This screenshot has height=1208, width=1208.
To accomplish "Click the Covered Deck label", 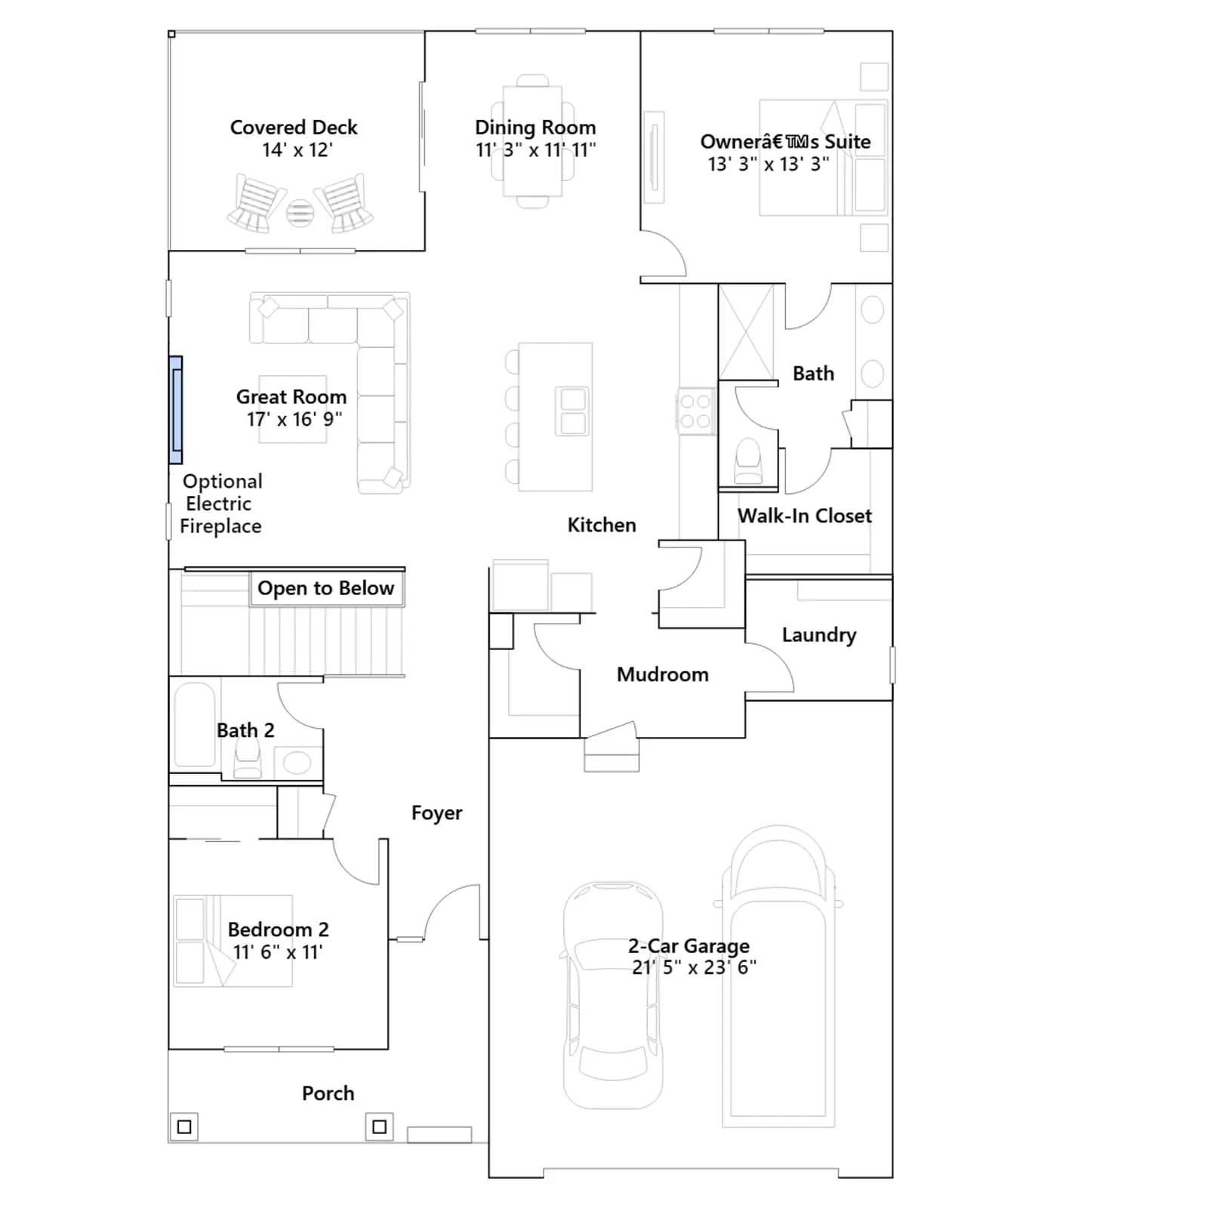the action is [x=294, y=127].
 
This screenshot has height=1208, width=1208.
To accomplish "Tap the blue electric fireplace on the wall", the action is [x=175, y=410].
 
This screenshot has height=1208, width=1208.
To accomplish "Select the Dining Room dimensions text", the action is [x=535, y=150].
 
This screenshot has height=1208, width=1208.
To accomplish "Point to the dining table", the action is [x=532, y=142].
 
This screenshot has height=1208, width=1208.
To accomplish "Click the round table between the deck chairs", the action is [x=300, y=213].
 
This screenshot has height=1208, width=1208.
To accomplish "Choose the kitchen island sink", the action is [x=573, y=411].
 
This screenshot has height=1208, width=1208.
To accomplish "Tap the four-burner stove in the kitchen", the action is [x=695, y=411].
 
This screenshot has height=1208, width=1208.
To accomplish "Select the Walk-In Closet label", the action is [x=805, y=516].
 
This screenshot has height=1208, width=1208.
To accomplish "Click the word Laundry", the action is [x=819, y=635].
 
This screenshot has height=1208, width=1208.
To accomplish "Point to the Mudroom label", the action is [x=663, y=674].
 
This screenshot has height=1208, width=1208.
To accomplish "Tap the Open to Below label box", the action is [x=326, y=588].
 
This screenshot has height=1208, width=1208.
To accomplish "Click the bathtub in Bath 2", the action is [x=195, y=725].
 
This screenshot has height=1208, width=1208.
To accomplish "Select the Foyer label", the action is [x=436, y=813].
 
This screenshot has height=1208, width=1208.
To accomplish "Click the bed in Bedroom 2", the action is [x=233, y=941].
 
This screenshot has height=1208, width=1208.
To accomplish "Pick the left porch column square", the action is [x=183, y=1127].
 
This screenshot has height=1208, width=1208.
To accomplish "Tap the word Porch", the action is [x=328, y=1093].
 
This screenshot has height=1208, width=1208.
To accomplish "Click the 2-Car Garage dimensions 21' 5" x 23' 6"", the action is [x=694, y=968].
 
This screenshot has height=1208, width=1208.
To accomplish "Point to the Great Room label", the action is [x=291, y=396].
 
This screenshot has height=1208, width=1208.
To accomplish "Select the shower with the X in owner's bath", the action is [x=746, y=331].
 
